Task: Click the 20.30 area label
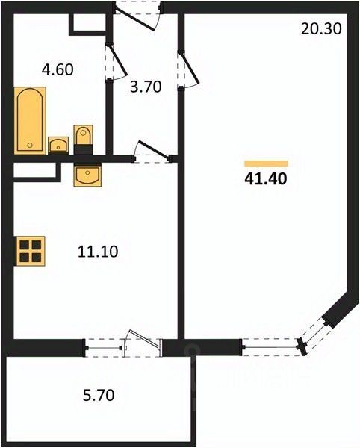pyautogui.click(x=321, y=29)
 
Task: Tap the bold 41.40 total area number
pyautogui.click(x=266, y=179)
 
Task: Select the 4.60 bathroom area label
pyautogui.click(x=58, y=69)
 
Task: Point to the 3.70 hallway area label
pyautogui.click(x=146, y=87)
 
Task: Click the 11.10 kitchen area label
pyautogui.click(x=98, y=252)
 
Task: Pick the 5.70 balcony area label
pyautogui.click(x=99, y=396)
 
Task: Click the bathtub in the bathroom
pyautogui.click(x=30, y=120)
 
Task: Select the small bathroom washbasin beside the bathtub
pyautogui.click(x=58, y=145)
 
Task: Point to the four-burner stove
pyautogui.click(x=31, y=251)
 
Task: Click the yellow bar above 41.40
pyautogui.click(x=266, y=164)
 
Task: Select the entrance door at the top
pyautogui.click(x=137, y=16)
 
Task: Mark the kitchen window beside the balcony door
pyautogui.click(x=103, y=348)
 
